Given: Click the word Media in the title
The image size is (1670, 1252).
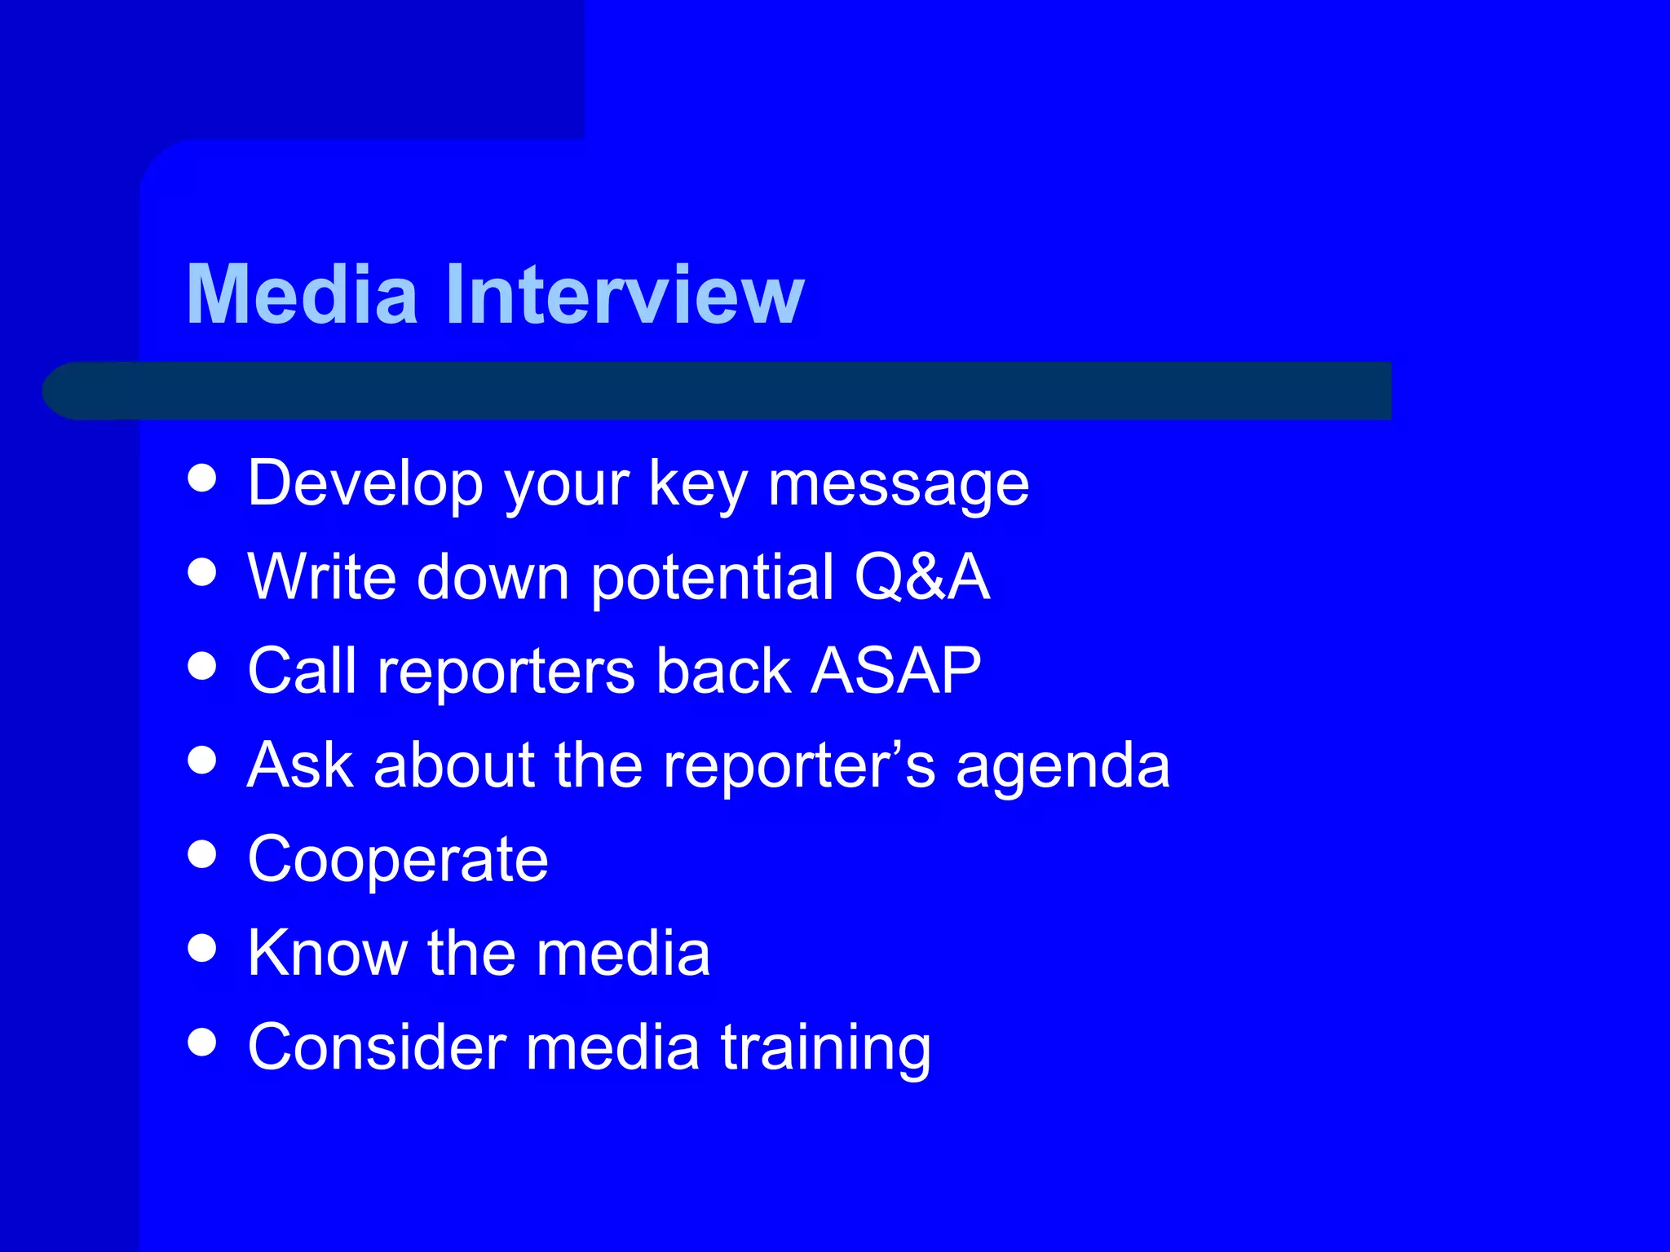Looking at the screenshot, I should pos(302,295).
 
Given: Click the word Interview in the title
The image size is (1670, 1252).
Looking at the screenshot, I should pos(625,295).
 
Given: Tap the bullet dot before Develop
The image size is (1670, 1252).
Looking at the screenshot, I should pos(201,478).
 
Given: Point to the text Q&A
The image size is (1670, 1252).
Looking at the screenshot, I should pos(921,577).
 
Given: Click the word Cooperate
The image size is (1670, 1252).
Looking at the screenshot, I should pos(398,860).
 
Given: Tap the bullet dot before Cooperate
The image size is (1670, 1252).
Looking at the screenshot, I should pos(201,854).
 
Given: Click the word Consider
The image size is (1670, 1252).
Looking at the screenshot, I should pos(376,1047).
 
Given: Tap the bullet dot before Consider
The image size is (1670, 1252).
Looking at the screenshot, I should pos(201,1042).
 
